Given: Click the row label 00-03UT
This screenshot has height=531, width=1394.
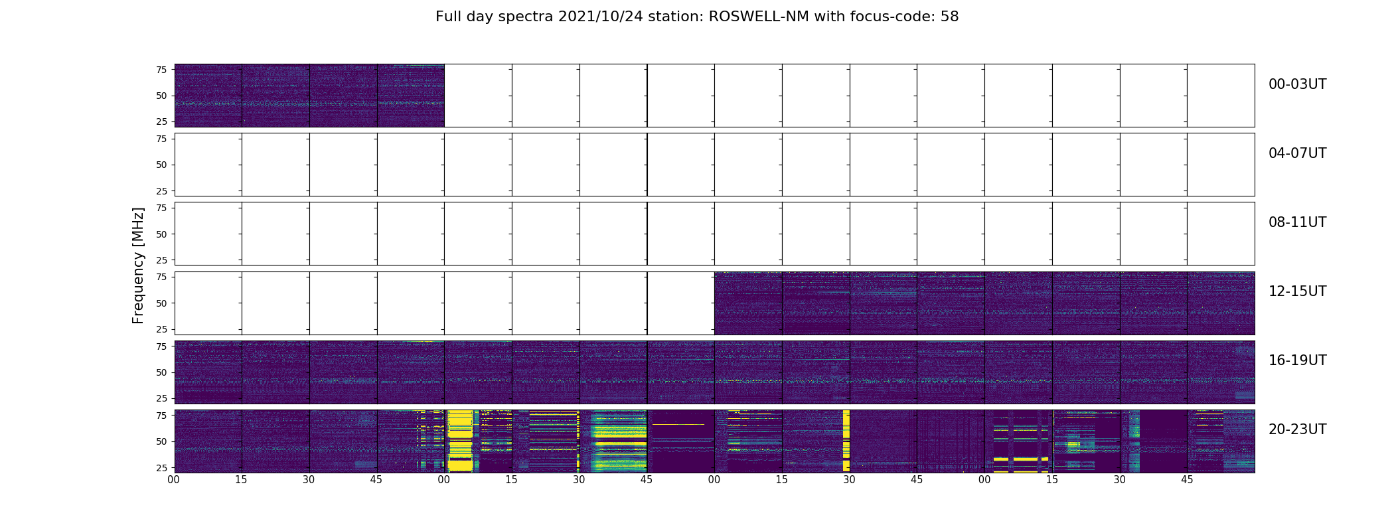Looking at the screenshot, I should [1297, 84].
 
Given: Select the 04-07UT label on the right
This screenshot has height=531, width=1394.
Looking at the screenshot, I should [1297, 153].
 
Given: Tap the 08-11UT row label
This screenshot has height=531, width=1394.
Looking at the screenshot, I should [1297, 222].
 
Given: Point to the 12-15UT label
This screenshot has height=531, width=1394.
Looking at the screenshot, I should [1297, 291].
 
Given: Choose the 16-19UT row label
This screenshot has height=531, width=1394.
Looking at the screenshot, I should [1297, 360].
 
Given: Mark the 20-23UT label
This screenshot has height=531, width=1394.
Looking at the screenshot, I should [1297, 429].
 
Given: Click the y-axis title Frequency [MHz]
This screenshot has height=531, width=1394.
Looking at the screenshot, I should [138, 265].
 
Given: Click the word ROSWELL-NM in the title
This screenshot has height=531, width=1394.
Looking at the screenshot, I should [759, 17].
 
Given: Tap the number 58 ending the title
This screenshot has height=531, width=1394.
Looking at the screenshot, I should [949, 17].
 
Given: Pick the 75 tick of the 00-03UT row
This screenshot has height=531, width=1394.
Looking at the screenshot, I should [161, 70].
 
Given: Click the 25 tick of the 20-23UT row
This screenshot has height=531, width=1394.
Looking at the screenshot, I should [161, 467].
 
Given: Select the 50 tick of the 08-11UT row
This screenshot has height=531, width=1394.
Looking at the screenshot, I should [161, 234].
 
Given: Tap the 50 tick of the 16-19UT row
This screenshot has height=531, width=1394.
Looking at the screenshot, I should [161, 372].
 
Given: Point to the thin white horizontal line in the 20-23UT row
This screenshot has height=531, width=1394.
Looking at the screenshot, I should [678, 424].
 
